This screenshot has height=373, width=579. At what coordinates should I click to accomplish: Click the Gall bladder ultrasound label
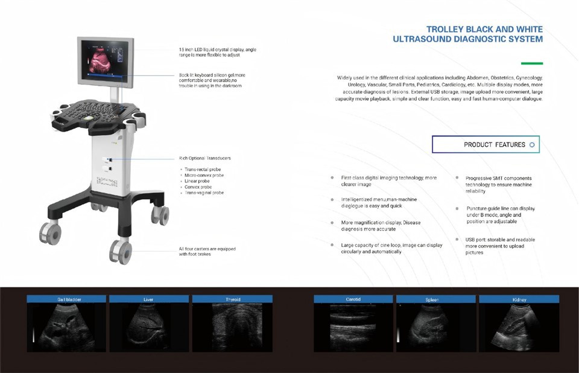66,299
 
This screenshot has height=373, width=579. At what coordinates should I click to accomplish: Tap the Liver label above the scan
148,299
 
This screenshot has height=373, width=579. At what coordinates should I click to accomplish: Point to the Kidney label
519,299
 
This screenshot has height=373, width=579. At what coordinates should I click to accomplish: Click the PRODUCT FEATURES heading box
486,145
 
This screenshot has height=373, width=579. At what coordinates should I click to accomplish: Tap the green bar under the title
531,63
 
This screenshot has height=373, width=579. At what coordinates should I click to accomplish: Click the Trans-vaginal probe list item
205,193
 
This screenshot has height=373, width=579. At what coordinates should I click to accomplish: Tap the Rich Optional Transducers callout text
204,158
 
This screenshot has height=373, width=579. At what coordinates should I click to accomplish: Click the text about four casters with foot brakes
207,251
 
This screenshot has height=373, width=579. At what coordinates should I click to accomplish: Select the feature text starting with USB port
499,246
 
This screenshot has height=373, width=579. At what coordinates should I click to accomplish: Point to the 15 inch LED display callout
217,52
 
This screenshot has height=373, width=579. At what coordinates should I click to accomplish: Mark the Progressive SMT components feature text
498,184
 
